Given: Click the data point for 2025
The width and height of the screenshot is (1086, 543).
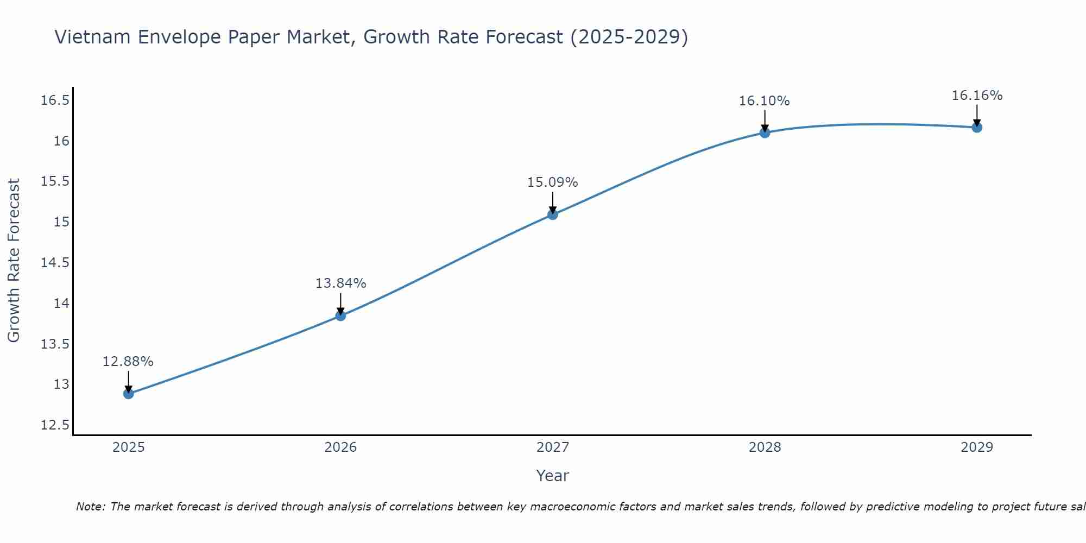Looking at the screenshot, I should tap(129, 394).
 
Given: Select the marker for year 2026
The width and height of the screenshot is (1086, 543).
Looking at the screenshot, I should tap(340, 315).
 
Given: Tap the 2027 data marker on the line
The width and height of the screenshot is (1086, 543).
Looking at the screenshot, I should tap(553, 214).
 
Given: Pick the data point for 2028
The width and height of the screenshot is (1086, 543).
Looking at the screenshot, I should tap(765, 132).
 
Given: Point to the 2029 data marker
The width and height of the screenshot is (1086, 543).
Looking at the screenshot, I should tap(977, 128).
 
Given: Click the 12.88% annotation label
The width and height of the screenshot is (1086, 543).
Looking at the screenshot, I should tap(128, 362).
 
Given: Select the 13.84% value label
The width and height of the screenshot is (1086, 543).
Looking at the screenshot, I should tap(340, 283).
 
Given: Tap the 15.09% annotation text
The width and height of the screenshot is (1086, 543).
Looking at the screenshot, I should tap(552, 182).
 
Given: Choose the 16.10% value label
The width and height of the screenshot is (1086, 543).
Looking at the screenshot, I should tap(764, 101).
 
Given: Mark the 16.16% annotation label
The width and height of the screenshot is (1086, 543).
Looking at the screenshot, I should tap(977, 96).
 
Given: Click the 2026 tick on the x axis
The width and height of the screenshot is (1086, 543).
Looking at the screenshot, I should tap(340, 447).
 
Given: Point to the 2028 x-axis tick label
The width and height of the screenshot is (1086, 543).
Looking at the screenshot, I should tap(765, 447).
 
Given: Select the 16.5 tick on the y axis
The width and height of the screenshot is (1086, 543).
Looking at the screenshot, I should tap(55, 100).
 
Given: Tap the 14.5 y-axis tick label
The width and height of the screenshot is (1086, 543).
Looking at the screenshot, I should tap(55, 263).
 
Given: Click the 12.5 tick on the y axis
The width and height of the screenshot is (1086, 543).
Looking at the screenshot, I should tap(55, 425).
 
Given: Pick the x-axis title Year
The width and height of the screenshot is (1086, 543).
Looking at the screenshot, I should tap(552, 476).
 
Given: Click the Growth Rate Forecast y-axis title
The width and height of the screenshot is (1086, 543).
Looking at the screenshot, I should tap(14, 261).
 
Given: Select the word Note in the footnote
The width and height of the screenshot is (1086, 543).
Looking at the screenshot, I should tap(90, 507).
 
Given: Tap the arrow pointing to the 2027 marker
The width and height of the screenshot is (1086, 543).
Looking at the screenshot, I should tap(553, 202).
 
